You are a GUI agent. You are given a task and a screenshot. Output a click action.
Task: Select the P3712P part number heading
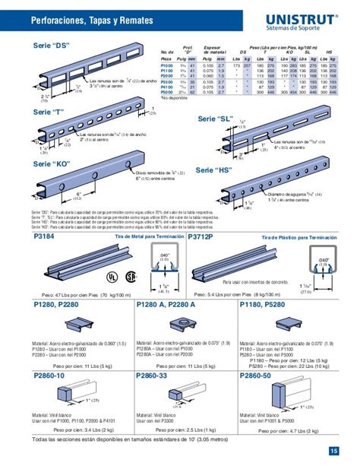coord(202,237)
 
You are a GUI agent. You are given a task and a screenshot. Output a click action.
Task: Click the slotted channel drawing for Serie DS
coord(87,65)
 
